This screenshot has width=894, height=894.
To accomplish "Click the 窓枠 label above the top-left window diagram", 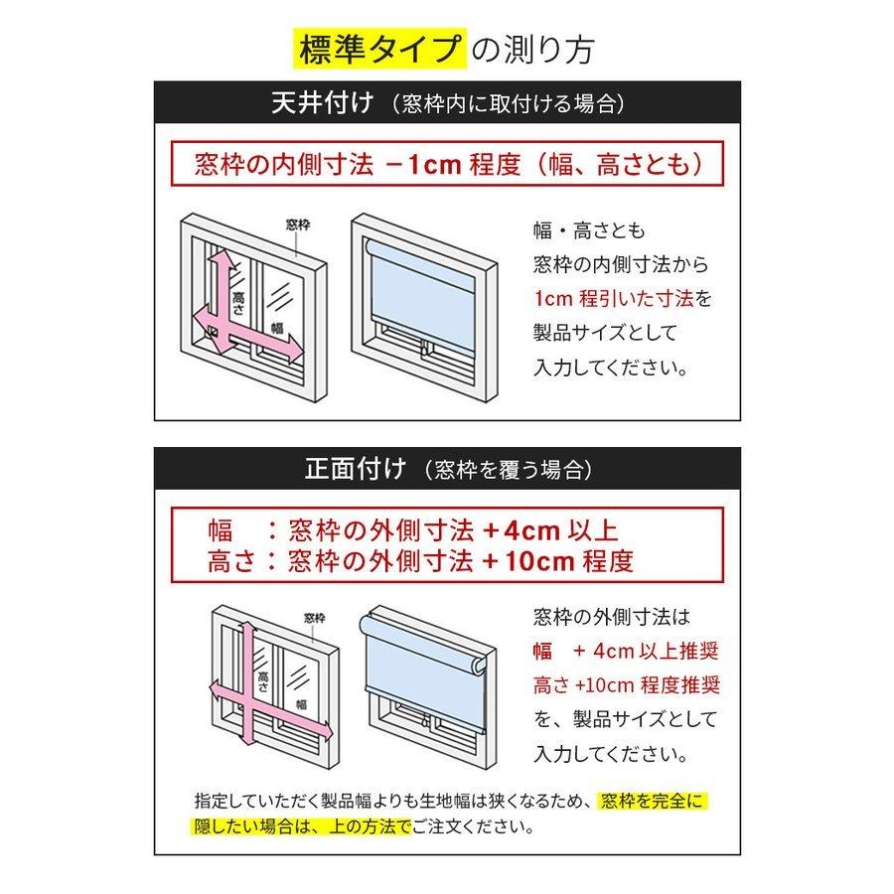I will (x=297, y=225).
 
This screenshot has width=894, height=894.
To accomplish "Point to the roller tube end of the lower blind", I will (x=476, y=665).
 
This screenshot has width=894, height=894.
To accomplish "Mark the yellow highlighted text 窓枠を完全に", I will (x=656, y=802).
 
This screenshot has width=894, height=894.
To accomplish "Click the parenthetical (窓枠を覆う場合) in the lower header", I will (x=507, y=470).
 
